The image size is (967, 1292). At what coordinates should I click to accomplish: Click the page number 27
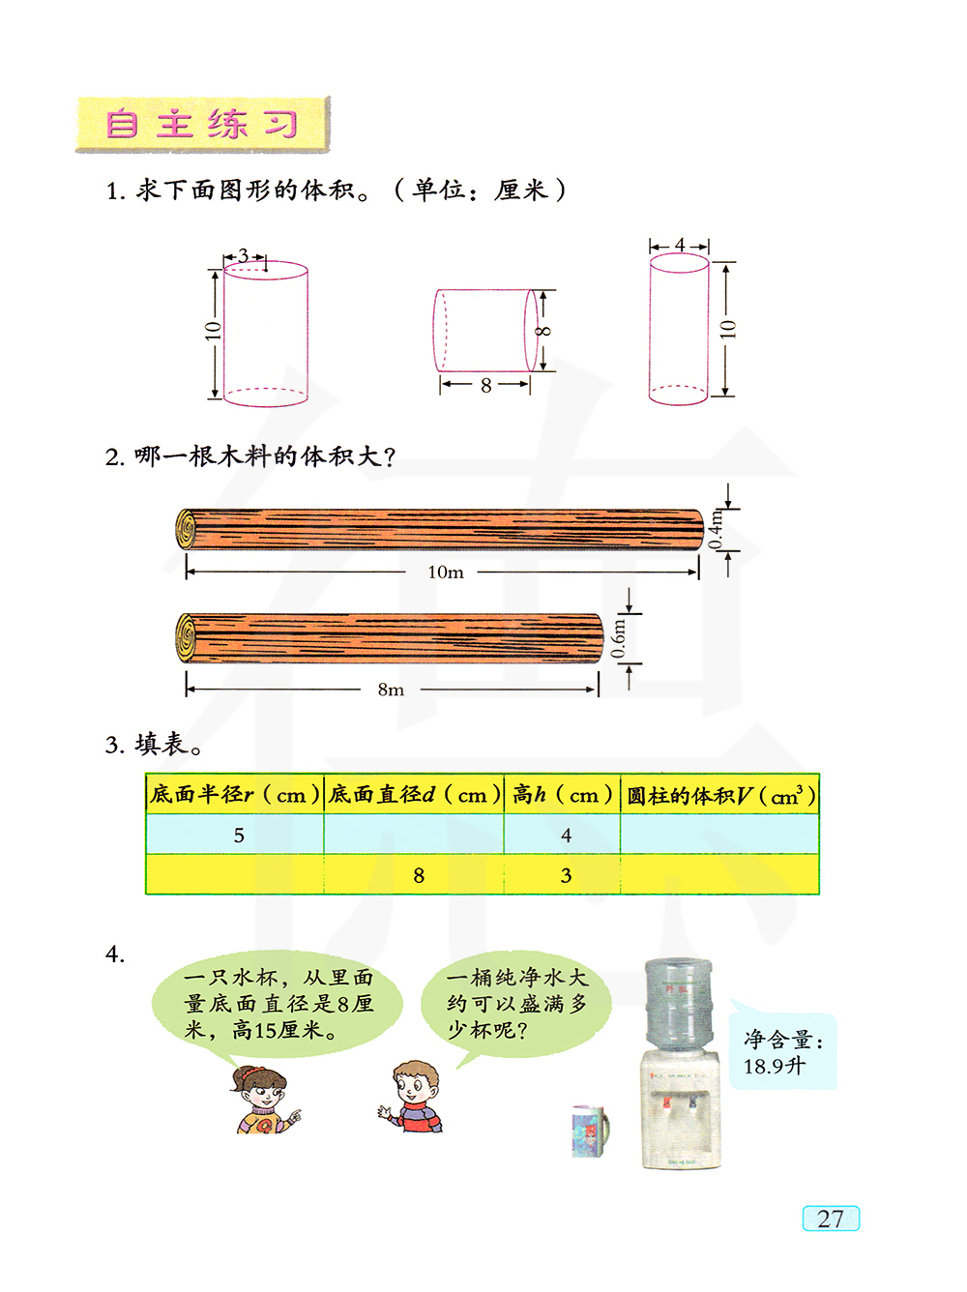tap(830, 1219)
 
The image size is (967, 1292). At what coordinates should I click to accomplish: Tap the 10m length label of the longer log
tap(446, 573)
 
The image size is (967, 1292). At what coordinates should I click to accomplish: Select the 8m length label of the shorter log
tap(391, 690)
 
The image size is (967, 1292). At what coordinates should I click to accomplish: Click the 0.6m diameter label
tap(617, 638)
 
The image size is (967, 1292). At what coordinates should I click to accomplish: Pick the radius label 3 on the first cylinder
tap(243, 255)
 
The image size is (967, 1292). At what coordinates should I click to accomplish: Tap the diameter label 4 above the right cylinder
tap(680, 245)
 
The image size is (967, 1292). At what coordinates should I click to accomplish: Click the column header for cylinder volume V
tap(719, 795)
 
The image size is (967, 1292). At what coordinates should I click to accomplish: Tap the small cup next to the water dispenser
tap(591, 1130)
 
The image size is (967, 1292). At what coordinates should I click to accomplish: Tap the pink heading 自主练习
tap(201, 124)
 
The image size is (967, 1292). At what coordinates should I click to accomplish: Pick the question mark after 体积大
tap(389, 457)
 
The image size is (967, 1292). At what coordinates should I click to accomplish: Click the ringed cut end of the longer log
tap(186, 529)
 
